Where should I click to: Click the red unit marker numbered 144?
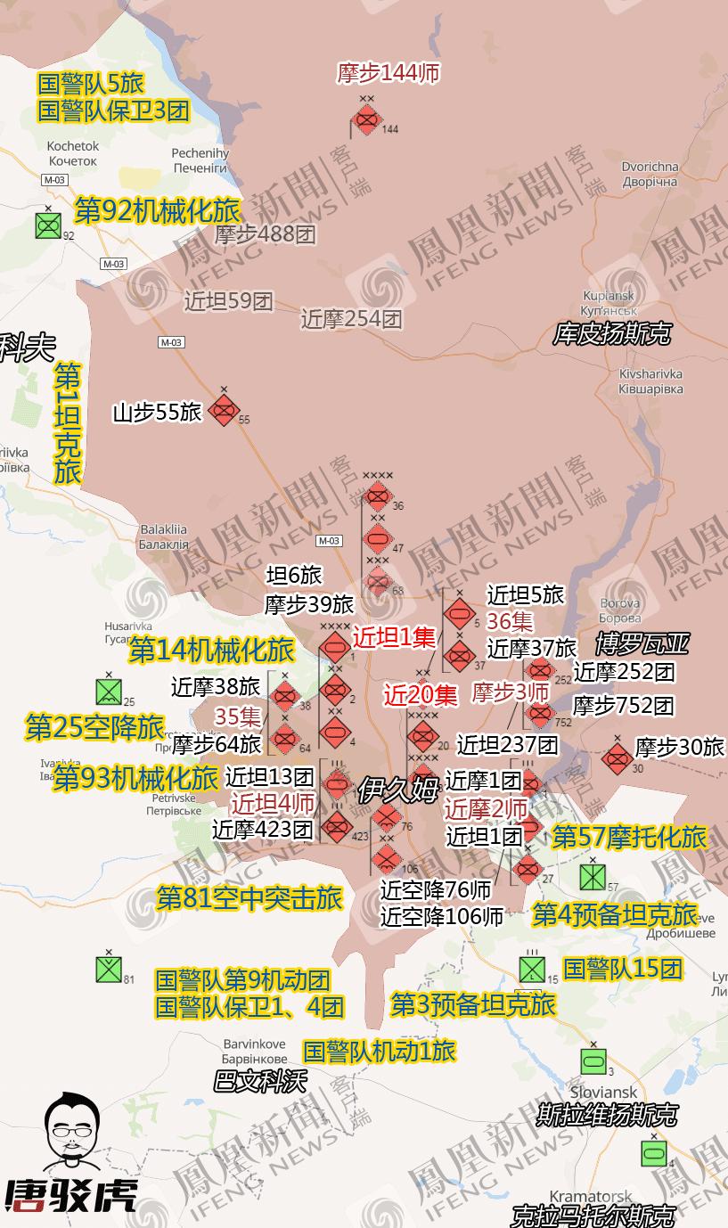point(366,119)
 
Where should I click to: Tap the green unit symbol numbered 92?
point(48,225)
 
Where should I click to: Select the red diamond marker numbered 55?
point(224,411)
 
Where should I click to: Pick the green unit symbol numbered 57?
point(593,877)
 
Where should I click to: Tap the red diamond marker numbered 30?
point(617,758)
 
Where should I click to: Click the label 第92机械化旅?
point(157,210)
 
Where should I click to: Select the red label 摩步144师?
point(389,73)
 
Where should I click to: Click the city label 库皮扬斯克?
point(611,334)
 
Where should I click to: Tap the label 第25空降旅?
point(94,726)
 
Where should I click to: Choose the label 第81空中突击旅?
point(249,897)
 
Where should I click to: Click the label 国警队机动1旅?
point(380,1051)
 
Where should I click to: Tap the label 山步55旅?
point(158,413)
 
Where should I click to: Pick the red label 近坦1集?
point(394,637)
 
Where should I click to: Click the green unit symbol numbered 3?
point(593,1061)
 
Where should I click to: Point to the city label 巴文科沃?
point(259,1081)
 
